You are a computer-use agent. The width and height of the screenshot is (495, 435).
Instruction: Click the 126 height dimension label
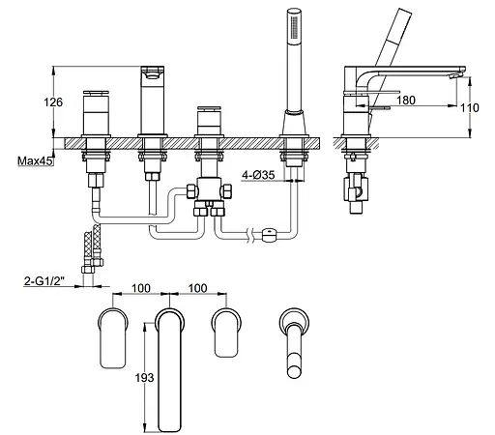click(x=53, y=102)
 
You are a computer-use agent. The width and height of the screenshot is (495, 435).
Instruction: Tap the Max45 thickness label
click(x=35, y=160)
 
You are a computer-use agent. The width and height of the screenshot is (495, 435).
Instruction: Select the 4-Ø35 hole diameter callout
click(x=258, y=175)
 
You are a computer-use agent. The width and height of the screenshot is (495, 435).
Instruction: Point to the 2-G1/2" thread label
click(x=44, y=281)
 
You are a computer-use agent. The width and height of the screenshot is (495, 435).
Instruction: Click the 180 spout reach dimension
click(x=406, y=101)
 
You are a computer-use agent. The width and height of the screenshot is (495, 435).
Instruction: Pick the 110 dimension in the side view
click(x=470, y=107)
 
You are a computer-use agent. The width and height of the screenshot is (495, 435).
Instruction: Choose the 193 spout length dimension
click(x=144, y=377)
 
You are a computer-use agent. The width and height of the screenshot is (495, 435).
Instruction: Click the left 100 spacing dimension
click(x=141, y=288)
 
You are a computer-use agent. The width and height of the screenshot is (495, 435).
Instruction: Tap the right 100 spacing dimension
click(x=197, y=288)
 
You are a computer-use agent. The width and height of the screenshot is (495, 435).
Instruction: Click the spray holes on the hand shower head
click(x=294, y=27)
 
